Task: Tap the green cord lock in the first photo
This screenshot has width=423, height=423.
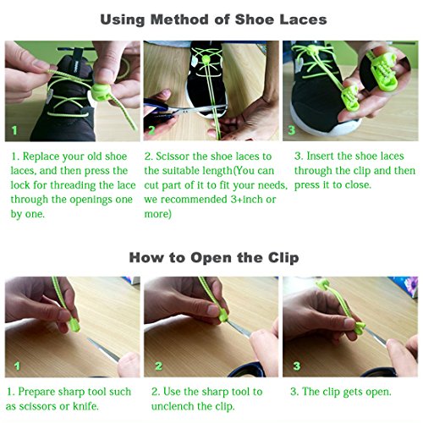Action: click(101, 92)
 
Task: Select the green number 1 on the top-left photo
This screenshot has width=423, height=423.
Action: click(14, 130)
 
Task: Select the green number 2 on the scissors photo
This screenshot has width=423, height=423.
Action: click(151, 130)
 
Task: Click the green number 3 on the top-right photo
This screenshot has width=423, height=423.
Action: click(292, 130)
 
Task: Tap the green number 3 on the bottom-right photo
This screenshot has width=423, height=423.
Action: click(297, 366)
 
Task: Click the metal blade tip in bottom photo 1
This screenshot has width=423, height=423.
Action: click(89, 339)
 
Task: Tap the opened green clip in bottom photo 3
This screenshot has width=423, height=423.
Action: click(359, 327)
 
